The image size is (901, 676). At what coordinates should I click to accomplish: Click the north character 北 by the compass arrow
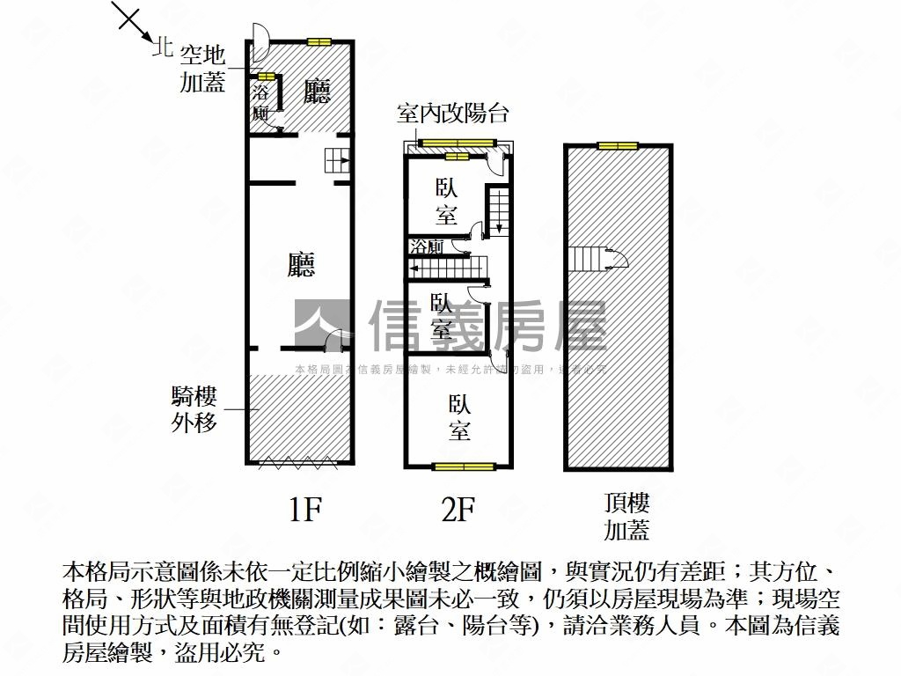pyautogui.click(x=161, y=48)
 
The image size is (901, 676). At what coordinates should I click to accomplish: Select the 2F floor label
pyautogui.click(x=458, y=510)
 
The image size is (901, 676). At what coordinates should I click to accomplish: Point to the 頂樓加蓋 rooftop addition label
pyautogui.click(x=626, y=517)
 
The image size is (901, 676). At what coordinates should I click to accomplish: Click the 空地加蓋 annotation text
pyautogui.click(x=202, y=70)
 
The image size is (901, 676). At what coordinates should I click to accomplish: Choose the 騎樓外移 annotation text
pyautogui.click(x=194, y=409)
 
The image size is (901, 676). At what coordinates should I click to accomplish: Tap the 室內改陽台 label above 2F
pyautogui.click(x=452, y=114)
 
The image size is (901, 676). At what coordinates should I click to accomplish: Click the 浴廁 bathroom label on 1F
pyautogui.click(x=260, y=102)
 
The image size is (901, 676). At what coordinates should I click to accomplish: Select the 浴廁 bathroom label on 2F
pyautogui.click(x=426, y=247)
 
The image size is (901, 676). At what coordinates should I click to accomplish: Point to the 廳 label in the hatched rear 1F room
pyautogui.click(x=317, y=91)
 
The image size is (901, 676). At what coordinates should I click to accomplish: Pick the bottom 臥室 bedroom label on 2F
pyautogui.click(x=459, y=417)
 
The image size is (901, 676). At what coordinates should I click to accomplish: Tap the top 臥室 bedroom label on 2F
pyautogui.click(x=446, y=202)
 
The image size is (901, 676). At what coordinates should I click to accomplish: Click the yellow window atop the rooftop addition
pyautogui.click(x=617, y=145)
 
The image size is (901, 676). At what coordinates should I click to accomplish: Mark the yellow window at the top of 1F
pyautogui.click(x=319, y=41)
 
